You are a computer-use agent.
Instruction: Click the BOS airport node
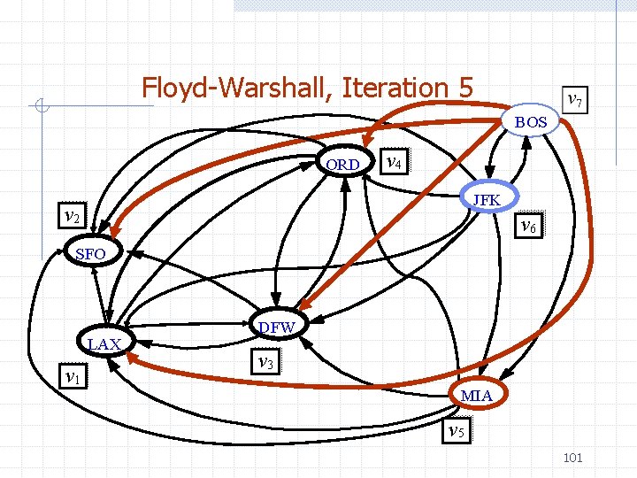[532, 122]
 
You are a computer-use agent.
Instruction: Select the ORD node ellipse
[342, 165]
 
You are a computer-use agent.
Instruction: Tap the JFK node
[487, 200]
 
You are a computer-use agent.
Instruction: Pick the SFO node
[90, 255]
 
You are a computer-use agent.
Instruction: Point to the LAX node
[104, 343]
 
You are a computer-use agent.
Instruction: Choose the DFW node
[277, 328]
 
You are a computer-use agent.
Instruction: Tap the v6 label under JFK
[528, 226]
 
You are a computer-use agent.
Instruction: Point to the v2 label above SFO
[72, 216]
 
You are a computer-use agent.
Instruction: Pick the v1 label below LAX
[73, 376]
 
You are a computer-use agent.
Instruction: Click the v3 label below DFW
[262, 360]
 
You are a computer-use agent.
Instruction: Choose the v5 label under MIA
[455, 431]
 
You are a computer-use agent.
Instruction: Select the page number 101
[572, 458]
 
